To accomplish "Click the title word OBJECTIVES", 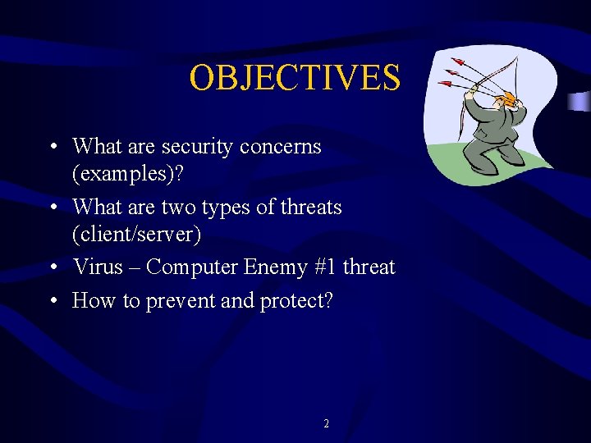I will click(295, 78).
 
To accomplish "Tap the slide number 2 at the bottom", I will click(326, 424).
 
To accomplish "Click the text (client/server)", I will click(136, 235).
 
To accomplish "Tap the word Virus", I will click(97, 267).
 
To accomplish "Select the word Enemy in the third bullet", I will click(274, 267).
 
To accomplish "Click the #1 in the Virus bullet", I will click(326, 267).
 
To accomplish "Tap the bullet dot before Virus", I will click(53, 268).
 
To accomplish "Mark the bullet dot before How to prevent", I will click(53, 302).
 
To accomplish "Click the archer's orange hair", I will click(509, 99).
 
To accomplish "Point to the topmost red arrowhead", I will click(455, 61).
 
